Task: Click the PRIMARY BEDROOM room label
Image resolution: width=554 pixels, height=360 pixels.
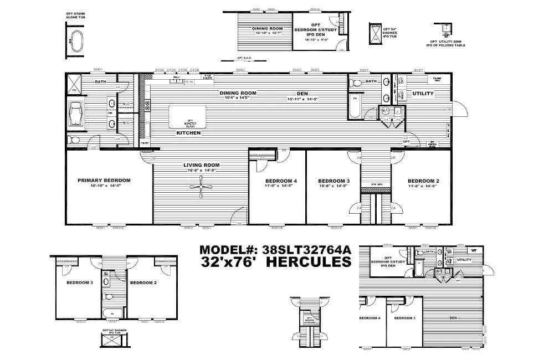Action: pos(104,181)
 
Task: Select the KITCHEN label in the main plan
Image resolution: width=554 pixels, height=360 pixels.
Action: pos(188,133)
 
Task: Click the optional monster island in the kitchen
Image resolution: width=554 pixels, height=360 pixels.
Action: pos(188,116)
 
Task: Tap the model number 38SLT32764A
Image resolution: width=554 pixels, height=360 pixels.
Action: pos(275,250)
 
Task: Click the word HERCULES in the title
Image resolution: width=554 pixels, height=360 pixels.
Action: pos(309,262)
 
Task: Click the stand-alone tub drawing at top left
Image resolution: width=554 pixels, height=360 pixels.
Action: pos(75,41)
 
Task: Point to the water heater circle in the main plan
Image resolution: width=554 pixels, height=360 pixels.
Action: pos(386,111)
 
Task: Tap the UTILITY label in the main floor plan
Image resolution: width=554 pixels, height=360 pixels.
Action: pos(423,94)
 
